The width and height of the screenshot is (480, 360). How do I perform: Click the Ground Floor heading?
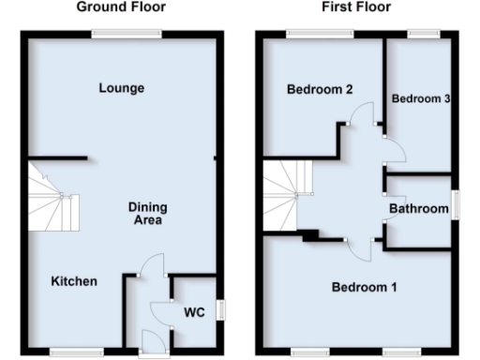pos(121,7)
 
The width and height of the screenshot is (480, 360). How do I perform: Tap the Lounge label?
pos(122,88)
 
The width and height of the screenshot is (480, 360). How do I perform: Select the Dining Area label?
pos(146,215)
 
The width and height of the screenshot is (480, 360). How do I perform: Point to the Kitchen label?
pos(74,281)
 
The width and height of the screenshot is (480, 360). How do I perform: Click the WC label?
pos(194,310)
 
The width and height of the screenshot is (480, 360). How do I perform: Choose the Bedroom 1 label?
pos(364,287)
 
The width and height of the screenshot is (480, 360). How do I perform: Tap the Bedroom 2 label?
pos(320,90)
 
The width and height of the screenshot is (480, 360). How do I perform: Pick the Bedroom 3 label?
pos(417,98)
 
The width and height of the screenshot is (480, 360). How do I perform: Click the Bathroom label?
pos(419,208)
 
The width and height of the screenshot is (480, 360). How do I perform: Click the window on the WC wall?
pos(221,309)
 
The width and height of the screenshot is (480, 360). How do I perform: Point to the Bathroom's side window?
pos(456,204)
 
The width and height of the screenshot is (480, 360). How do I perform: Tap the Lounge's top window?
pos(126,35)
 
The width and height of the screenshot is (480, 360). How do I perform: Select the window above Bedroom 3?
pos(424,35)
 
